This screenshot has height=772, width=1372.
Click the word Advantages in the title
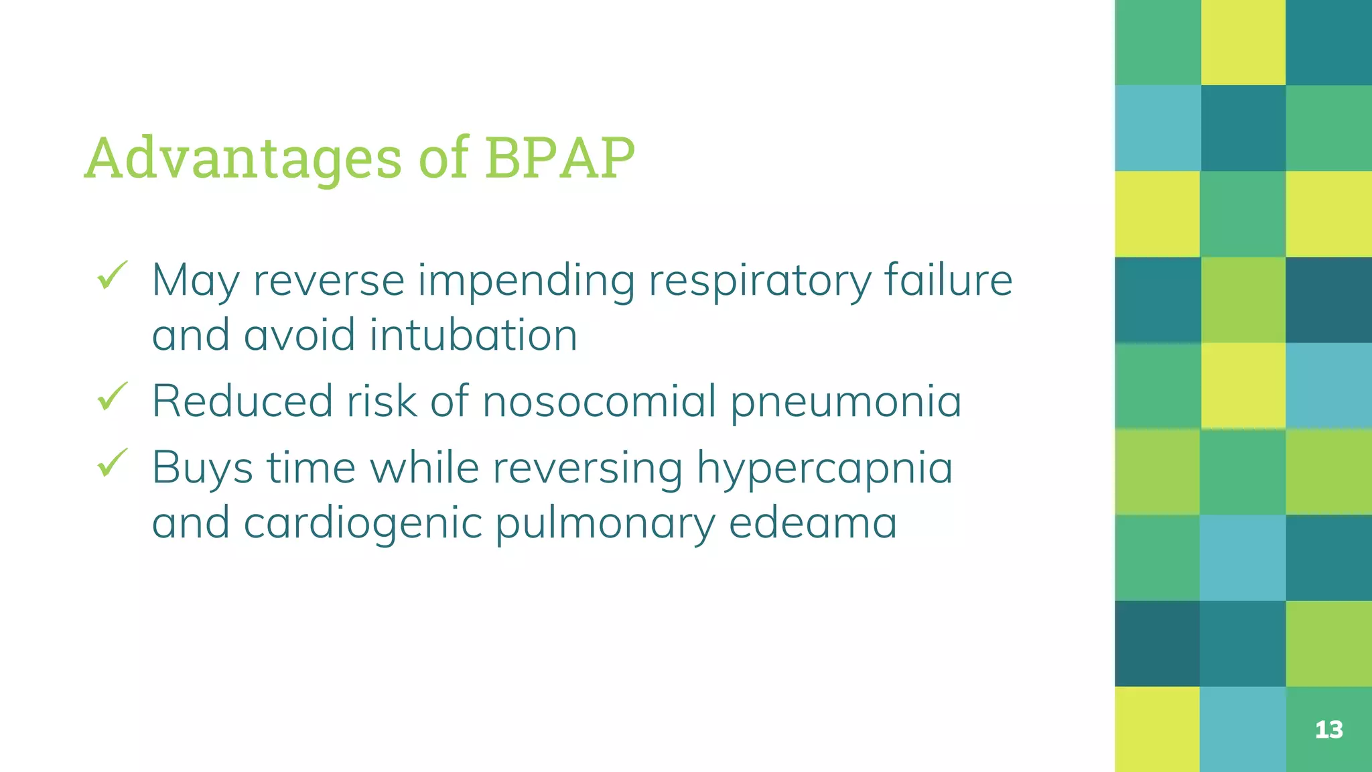243,159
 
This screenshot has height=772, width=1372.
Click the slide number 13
1328,729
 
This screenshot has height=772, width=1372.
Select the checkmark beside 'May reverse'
112,275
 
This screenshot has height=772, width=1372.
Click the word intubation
473,334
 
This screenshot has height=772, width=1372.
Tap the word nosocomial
600,401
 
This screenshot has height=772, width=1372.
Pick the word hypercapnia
824,468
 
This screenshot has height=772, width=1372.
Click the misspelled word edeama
813,522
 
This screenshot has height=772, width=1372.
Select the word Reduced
242,401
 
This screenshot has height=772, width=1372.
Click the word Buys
202,468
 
